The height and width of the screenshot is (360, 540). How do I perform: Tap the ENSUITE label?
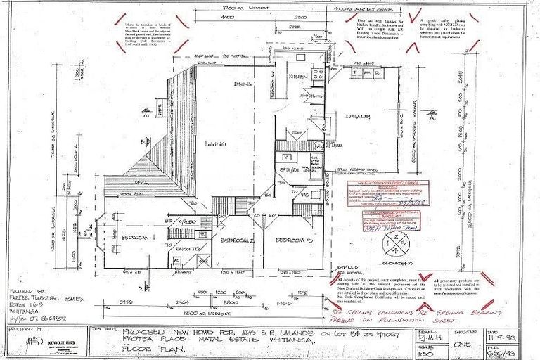coord(186,249)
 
